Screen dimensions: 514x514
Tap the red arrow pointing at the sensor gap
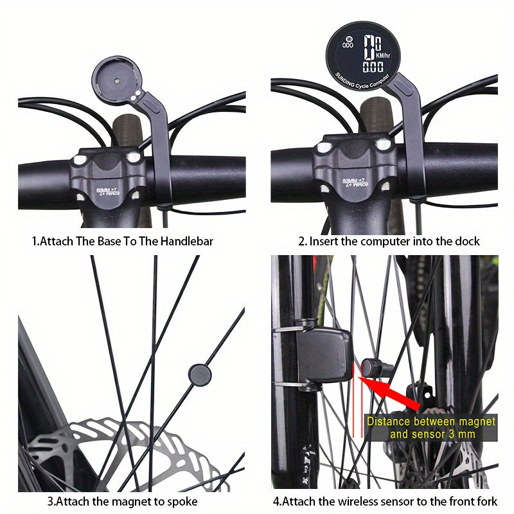[x=392, y=393]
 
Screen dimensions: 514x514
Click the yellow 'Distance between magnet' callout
[x=431, y=422]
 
